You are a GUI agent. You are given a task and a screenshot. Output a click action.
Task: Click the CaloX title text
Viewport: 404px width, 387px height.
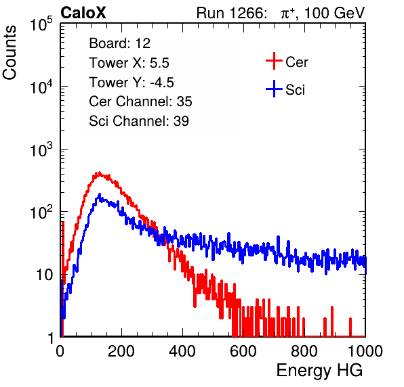coord(83,13)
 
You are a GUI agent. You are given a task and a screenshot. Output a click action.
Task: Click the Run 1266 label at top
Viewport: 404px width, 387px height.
coord(231,13)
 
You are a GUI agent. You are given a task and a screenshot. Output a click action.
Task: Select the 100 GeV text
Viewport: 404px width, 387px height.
coord(335,13)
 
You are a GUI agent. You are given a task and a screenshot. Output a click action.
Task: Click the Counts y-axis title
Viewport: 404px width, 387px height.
coord(9,53)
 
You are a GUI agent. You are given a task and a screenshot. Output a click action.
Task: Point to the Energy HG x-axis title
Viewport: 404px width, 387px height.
coord(319,371)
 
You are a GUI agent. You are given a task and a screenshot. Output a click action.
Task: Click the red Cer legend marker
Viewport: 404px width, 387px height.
coord(274,61)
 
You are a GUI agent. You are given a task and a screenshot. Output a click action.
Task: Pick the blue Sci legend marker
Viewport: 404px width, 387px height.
coord(274,89)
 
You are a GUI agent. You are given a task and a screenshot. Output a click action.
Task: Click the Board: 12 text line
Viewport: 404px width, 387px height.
coord(119,43)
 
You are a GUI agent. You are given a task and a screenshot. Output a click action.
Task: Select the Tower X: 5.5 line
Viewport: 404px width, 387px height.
coord(129,62)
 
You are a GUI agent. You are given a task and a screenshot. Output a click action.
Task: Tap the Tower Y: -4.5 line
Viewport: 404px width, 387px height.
coord(132,82)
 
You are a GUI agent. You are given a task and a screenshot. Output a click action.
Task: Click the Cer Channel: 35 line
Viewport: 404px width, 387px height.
coord(140,101)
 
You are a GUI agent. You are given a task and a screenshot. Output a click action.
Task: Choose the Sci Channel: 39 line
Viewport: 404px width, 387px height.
coord(139,121)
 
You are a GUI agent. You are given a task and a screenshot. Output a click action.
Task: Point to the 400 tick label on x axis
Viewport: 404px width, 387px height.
coord(182,350)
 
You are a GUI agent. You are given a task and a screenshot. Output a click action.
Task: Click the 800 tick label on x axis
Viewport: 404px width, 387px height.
coord(304,350)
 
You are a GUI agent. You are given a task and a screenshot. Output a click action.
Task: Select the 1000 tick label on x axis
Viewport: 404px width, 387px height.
coord(365,350)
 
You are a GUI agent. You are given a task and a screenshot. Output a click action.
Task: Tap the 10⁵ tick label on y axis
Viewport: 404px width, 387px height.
coord(41,24)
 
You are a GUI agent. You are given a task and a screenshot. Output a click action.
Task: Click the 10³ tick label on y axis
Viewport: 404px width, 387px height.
coord(41,150)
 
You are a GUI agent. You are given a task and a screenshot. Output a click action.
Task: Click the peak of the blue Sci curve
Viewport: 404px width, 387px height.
coord(99,194)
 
